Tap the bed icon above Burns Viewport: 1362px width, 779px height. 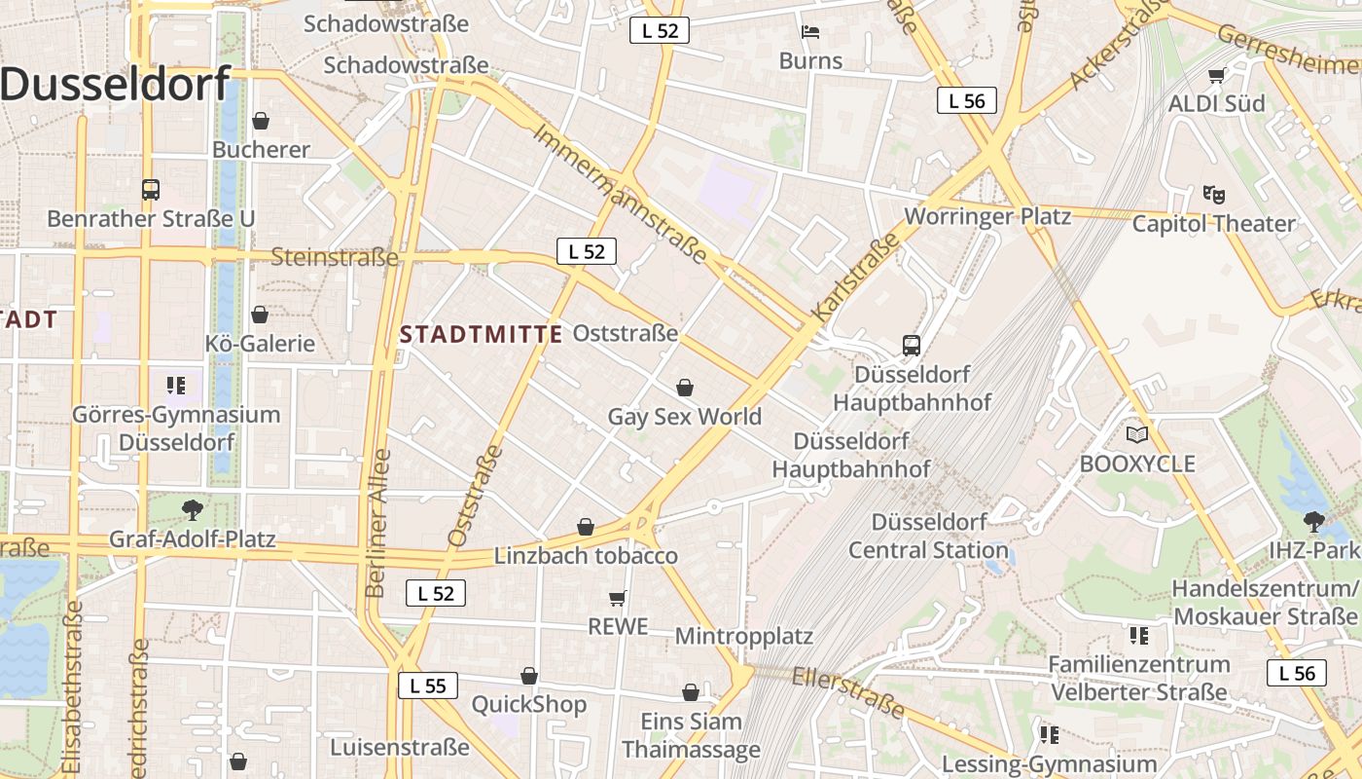point(810,32)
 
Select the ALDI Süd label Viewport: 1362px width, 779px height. point(1216,103)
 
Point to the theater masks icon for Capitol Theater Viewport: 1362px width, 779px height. point(1212,194)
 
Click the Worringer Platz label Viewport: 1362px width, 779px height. point(987,216)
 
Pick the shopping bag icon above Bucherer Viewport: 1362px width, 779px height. point(260,121)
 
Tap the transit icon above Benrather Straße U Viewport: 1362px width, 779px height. point(150,189)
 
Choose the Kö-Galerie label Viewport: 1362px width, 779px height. point(260,344)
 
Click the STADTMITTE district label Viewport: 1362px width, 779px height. point(482,335)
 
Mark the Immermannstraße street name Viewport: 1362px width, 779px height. point(620,193)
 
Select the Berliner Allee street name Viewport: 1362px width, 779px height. point(377,523)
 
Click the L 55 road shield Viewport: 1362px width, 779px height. point(428,686)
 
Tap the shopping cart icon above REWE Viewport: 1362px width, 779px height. point(617,598)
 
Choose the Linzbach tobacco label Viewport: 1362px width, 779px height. point(586,556)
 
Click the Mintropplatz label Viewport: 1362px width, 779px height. point(744,637)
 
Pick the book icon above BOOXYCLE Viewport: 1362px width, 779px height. point(1136,434)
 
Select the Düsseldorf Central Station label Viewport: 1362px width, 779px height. point(929,536)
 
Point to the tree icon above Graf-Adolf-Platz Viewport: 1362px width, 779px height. point(193,508)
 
